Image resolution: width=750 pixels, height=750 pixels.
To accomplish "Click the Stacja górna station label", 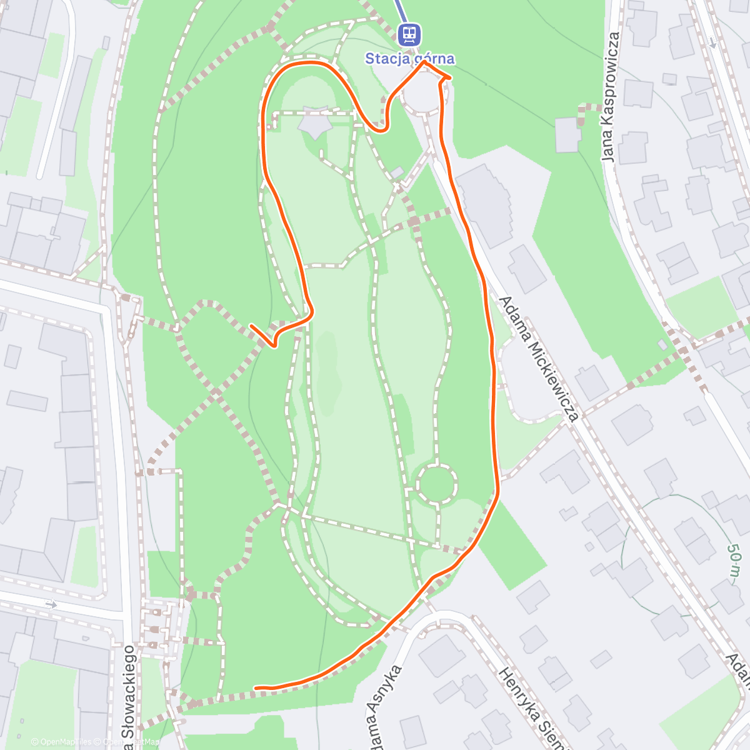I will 409,59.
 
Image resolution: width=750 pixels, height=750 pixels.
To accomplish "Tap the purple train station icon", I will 409,34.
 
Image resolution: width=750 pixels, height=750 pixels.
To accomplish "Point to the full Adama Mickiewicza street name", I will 539,358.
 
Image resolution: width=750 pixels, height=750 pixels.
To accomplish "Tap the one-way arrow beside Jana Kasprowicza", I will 713,42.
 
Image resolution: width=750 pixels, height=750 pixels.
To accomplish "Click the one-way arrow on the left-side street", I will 51,604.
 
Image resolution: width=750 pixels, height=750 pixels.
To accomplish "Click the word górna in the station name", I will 433,59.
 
